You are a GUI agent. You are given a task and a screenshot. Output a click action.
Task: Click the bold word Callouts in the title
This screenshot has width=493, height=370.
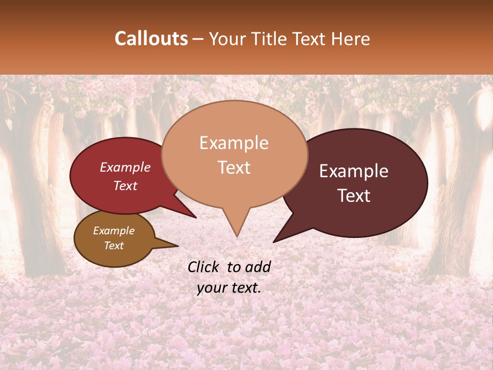151,39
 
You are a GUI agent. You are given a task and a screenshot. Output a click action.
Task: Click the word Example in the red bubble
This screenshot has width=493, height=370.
125,167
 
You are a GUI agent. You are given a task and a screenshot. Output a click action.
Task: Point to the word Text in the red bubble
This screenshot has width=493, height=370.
125,186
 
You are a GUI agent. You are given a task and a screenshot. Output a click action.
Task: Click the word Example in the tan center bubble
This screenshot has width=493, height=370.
234,143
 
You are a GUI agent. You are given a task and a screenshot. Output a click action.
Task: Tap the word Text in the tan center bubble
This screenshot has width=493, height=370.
234,168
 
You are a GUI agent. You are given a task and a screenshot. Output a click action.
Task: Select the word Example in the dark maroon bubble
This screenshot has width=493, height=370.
354,171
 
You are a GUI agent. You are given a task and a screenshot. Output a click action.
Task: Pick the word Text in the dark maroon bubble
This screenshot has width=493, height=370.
354,196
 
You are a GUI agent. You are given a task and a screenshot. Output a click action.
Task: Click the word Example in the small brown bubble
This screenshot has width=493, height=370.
113,231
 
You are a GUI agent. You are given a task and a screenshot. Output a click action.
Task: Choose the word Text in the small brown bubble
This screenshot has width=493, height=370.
113,246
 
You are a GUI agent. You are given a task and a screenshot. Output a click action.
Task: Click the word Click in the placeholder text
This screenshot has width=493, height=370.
204,267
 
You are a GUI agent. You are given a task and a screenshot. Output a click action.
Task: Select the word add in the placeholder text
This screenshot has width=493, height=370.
258,267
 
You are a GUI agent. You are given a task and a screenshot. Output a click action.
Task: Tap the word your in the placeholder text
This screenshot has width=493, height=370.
211,288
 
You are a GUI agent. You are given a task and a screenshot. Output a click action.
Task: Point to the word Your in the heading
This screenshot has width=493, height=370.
225,39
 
